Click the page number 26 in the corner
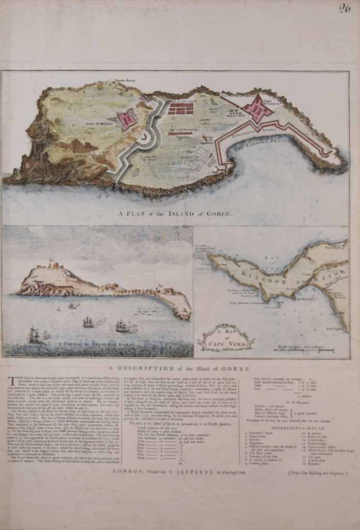(344, 8)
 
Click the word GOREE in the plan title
(220, 213)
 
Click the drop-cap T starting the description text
(10, 380)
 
